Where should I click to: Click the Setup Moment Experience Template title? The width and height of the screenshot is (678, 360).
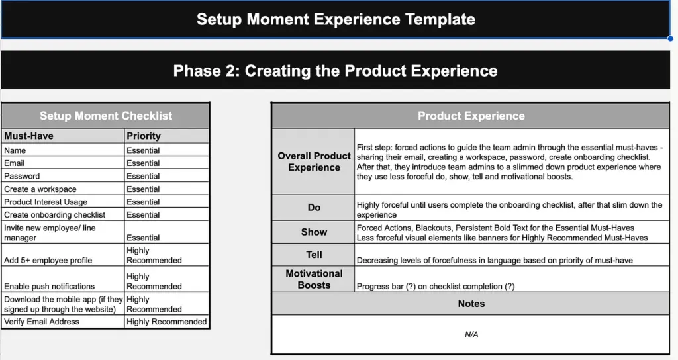pyautogui.click(x=336, y=19)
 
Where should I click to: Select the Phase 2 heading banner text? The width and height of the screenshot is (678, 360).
pyautogui.click(x=335, y=71)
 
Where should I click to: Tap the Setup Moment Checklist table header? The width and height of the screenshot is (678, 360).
pyautogui.click(x=106, y=116)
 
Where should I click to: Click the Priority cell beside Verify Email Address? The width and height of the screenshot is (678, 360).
pyautogui.click(x=166, y=322)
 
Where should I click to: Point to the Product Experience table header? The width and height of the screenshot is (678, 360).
pyautogui.click(x=471, y=116)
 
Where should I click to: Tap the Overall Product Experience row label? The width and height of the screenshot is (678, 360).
pyautogui.click(x=314, y=161)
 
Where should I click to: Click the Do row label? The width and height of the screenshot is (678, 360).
pyautogui.click(x=314, y=207)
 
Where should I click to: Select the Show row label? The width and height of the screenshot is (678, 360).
pyautogui.click(x=314, y=232)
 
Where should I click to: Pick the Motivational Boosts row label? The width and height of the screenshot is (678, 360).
pyautogui.click(x=314, y=279)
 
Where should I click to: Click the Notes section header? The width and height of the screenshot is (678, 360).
pyautogui.click(x=471, y=303)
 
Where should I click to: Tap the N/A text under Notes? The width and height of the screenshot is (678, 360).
pyautogui.click(x=471, y=334)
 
